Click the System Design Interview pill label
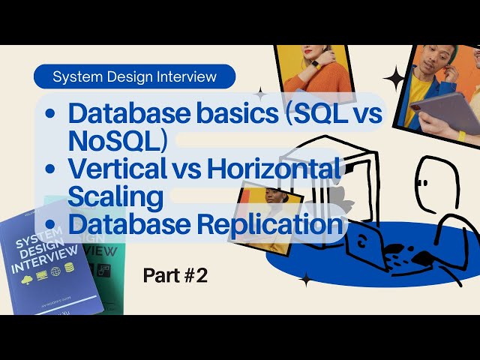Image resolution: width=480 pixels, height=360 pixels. point(135,76)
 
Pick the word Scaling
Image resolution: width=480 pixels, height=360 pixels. point(115,196)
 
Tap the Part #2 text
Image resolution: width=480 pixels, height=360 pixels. point(175,275)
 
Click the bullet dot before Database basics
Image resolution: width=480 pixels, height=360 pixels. point(49,114)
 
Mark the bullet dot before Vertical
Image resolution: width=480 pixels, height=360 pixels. point(49,169)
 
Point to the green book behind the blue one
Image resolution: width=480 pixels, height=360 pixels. point(100,247)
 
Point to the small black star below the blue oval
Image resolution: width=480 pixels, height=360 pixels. point(306,279)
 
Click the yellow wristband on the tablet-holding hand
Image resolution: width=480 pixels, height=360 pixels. point(462,136)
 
